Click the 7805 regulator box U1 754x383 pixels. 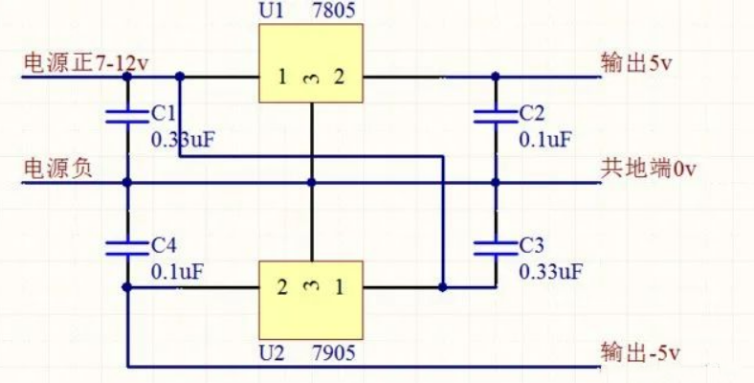[x=311, y=63]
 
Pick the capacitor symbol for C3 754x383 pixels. [x=495, y=246]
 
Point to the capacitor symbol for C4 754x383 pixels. [x=126, y=246]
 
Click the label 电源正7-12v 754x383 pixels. [x=86, y=63]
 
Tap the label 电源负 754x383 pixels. [x=57, y=169]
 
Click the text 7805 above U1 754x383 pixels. [x=334, y=12]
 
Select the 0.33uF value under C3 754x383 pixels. [x=550, y=271]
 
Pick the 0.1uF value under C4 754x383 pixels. [x=177, y=271]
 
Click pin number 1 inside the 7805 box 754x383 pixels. [x=282, y=78]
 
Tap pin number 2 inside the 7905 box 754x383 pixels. [x=282, y=286]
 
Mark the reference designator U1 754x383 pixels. [x=271, y=12]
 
